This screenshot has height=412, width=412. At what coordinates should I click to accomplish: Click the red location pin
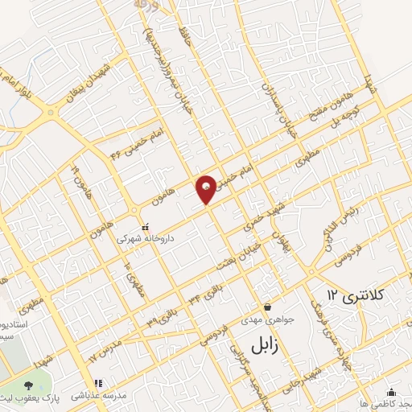coord(207,188)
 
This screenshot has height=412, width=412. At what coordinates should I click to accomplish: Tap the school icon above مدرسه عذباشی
coord(98,384)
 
